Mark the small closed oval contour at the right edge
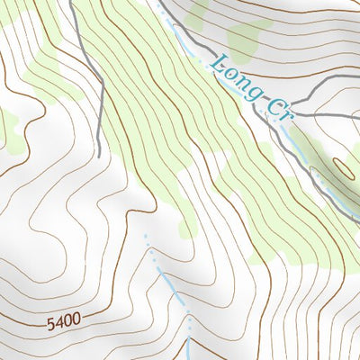346,166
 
